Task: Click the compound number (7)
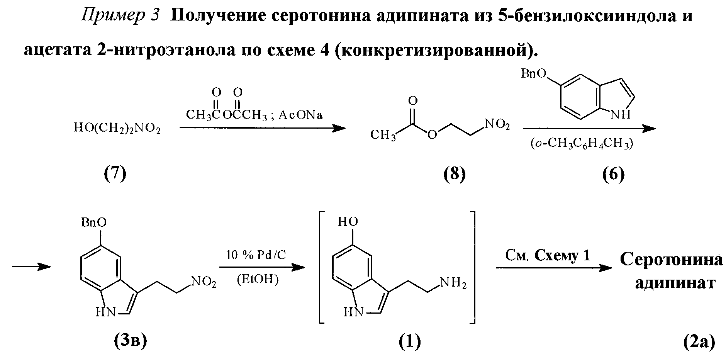115,175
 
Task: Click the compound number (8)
455,175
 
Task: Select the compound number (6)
613,175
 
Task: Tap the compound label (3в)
131,341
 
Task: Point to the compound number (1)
409,341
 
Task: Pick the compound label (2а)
699,341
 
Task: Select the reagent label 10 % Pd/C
256,256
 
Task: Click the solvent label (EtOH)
258,279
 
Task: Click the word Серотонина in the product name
672,259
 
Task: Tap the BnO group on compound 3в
94,222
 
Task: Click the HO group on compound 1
348,222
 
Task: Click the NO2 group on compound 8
497,125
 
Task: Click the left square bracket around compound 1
321,267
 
